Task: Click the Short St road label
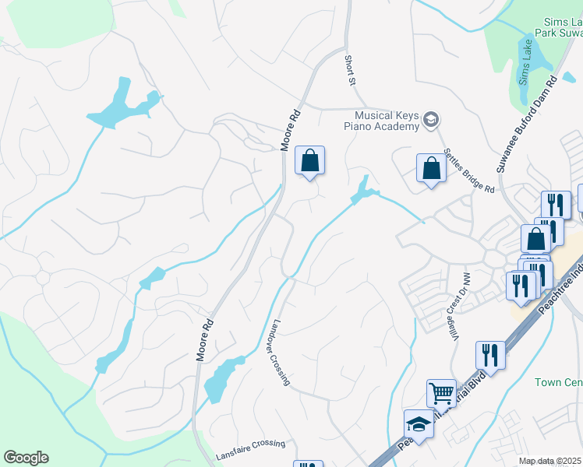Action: point(350,70)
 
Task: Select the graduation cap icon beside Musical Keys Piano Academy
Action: point(431,120)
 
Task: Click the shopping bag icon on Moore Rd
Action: point(309,161)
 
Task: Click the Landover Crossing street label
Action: point(281,352)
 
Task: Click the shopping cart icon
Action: point(441,394)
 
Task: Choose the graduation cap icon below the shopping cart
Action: point(419,424)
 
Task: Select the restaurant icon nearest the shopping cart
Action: point(490,355)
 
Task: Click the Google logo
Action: point(26,457)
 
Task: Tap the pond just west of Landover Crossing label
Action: point(221,379)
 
